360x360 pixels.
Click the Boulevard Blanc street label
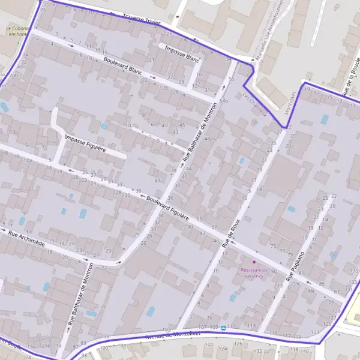pyautogui.click(x=122, y=66)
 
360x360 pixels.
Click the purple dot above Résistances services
pyautogui.click(x=254, y=262)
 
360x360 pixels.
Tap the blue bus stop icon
pyautogui.click(x=223, y=328)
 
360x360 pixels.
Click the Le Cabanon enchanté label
pyautogui.click(x=17, y=31)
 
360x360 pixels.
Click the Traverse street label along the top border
pyautogui.click(x=141, y=19)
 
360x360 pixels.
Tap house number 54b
pyautogui.click(x=224, y=101)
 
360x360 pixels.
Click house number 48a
pyautogui.click(x=209, y=139)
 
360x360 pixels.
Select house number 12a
pyautogui.click(x=28, y=160)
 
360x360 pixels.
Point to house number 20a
pyautogui.click(x=290, y=146)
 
